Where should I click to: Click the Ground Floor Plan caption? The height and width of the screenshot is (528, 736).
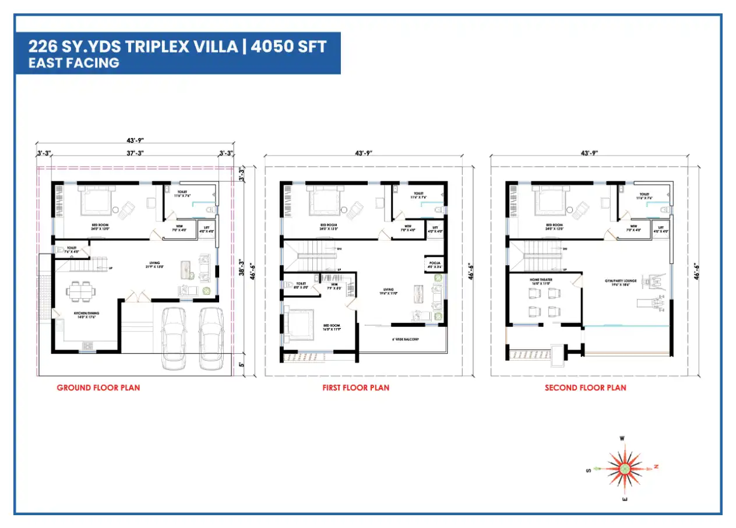(98, 388)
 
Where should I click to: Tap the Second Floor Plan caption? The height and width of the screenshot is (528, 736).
(585, 388)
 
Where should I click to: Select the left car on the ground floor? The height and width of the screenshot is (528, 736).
(173, 337)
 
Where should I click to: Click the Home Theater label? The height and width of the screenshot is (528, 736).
(541, 280)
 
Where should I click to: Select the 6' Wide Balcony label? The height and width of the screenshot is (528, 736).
(404, 339)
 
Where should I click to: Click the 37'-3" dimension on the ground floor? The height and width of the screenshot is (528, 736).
(135, 153)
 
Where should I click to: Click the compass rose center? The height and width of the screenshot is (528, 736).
(624, 467)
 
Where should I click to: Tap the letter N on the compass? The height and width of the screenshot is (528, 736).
(656, 467)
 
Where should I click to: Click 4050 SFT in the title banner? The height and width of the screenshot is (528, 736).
(289, 47)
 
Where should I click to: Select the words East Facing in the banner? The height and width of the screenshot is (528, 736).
(74, 63)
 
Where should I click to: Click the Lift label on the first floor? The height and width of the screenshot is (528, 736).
(435, 229)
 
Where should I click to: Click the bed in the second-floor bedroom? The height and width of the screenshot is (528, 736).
(550, 202)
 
